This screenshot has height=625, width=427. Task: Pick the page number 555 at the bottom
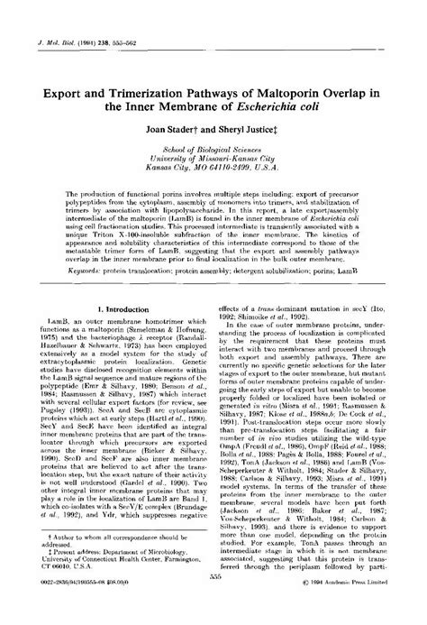213,602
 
